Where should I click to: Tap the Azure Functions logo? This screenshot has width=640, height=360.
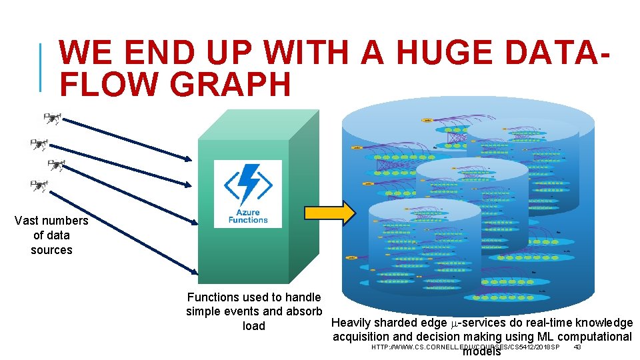click(x=248, y=193)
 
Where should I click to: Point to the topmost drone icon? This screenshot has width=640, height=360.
click(x=52, y=119)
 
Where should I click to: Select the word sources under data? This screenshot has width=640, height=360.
click(x=51, y=250)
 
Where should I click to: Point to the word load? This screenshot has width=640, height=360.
click(x=253, y=326)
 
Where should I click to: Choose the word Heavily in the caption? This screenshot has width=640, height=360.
click(x=353, y=323)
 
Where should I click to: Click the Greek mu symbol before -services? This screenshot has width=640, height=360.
click(x=455, y=323)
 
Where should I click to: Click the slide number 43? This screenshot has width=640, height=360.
click(x=577, y=347)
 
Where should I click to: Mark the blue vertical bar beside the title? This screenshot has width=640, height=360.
click(x=42, y=67)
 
